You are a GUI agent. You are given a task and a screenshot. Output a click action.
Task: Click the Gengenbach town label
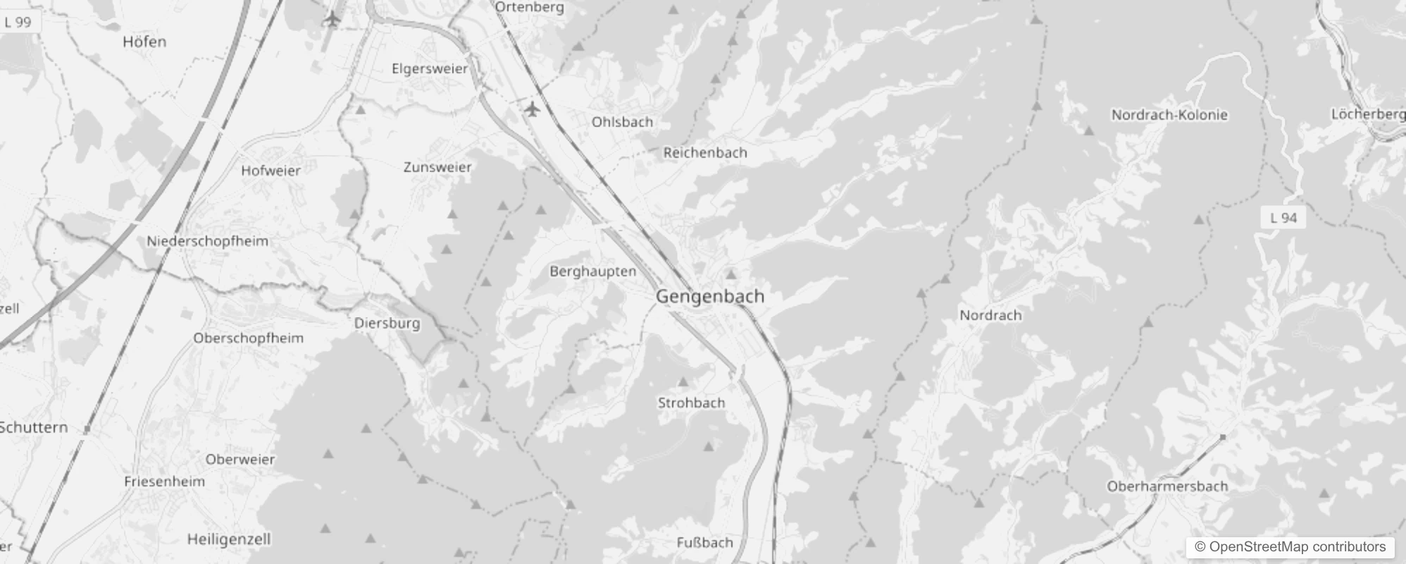coord(709,296)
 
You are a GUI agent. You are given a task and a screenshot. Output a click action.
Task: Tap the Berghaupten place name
coord(592,271)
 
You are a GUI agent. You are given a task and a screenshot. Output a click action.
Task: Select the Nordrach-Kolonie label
coord(1169,115)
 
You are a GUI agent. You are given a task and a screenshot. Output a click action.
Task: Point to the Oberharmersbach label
coord(1167,486)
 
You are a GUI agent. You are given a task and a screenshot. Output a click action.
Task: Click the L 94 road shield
coord(1283,219)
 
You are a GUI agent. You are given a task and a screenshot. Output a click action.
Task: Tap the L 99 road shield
coord(18,22)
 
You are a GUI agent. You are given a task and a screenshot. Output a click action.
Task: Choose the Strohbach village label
coord(691,403)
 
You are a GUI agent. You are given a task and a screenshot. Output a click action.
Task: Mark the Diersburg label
coord(387,324)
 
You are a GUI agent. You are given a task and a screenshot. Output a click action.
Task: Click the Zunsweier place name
coord(437,167)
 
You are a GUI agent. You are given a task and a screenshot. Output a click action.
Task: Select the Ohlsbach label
coord(622,122)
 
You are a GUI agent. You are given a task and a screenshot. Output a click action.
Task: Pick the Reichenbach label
coord(705,152)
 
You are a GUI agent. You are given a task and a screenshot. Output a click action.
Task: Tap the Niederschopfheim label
coord(207,241)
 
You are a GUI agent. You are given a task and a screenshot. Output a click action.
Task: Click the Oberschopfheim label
coord(248,338)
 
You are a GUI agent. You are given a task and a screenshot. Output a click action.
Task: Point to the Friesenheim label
coord(164,482)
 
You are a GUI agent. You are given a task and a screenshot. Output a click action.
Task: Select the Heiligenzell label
coord(228,539)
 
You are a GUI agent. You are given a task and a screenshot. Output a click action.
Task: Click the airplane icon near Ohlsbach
coord(532,109)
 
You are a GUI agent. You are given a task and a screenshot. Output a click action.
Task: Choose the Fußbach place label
coord(704,542)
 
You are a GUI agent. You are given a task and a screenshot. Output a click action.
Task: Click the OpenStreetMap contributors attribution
coord(1290,547)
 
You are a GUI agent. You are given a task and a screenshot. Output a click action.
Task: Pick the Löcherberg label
coord(1367,114)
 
